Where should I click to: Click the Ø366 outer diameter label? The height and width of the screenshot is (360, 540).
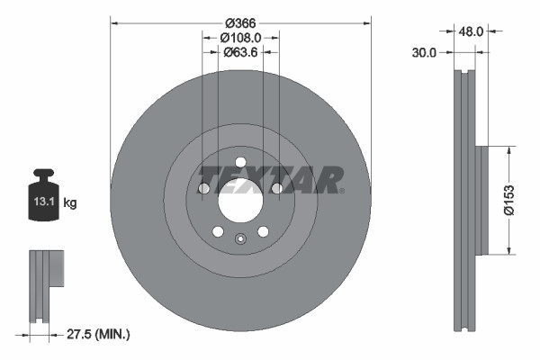coord(239,22)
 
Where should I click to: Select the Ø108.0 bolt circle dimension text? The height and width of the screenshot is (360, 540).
coord(239,38)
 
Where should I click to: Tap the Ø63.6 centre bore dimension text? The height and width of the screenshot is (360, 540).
coord(239,52)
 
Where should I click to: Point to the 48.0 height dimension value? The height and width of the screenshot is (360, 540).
coord(472,31)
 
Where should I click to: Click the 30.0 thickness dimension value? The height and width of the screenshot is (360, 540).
coord(424,52)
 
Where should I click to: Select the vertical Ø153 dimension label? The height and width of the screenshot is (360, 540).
coord(508,199)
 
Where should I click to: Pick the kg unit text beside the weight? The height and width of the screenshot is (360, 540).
coord(70,203)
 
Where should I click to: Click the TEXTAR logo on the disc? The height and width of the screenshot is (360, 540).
coord(271,178)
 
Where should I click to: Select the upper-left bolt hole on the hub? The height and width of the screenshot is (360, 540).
coord(203,188)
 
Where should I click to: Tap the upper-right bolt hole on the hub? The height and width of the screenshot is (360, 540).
coord(276,188)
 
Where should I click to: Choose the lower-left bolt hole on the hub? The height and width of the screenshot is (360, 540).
coord(217,231)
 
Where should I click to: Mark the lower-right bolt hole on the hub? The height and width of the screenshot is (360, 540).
coord(262,231)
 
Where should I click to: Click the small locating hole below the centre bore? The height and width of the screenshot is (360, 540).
coord(239,239)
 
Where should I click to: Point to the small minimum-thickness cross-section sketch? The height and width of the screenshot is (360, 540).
coord(45,284)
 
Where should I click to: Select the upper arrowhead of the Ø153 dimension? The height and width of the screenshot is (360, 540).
coord(509,151)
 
